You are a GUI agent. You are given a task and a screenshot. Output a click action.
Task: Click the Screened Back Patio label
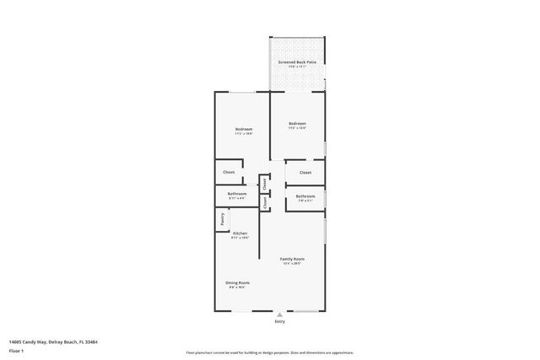click(x=297, y=62)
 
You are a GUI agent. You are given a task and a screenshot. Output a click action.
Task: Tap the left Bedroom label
click(x=243, y=129)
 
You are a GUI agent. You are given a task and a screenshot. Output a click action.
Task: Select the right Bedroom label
click(x=297, y=123)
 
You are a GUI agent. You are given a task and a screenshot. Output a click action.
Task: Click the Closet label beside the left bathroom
click(x=229, y=172)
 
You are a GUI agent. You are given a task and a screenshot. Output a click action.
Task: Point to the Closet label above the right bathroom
click(x=305, y=172)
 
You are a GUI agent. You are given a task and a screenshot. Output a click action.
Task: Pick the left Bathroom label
click(x=236, y=194)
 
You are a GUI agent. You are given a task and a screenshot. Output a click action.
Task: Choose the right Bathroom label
click(x=305, y=196)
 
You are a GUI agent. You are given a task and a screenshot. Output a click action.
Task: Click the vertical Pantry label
click(x=222, y=218)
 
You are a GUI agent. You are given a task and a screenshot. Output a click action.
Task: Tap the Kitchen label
click(x=240, y=233)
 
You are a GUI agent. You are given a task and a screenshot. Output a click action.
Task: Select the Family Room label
click(x=293, y=258)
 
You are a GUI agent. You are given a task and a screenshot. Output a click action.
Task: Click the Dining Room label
click(x=237, y=282)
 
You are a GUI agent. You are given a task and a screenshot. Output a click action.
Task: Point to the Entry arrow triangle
click(x=280, y=315)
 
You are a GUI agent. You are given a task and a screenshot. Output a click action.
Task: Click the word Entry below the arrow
click(x=280, y=322)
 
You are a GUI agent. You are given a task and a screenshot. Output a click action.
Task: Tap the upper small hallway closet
click(x=264, y=182)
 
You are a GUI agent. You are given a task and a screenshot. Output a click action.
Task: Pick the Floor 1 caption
click(x=17, y=351)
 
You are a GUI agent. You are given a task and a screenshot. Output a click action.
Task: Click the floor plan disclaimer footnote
click(x=269, y=352)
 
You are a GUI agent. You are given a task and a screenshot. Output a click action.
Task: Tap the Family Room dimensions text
click(x=293, y=263)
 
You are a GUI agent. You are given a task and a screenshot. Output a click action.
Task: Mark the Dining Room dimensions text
click(x=237, y=287)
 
